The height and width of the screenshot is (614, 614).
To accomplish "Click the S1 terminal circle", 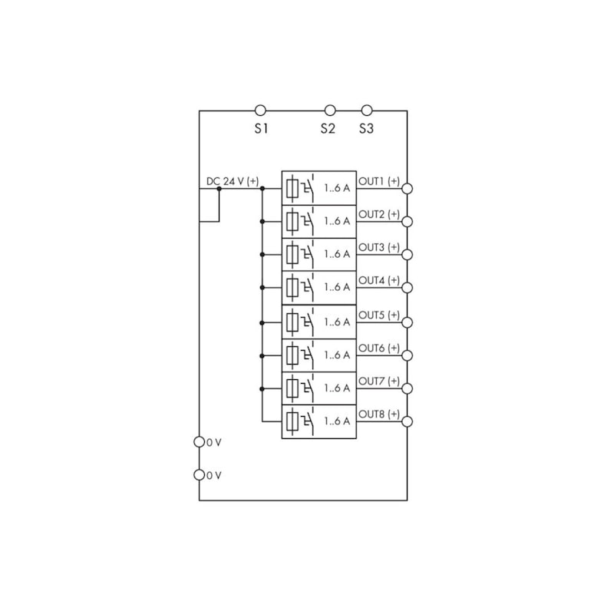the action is (x=260, y=111).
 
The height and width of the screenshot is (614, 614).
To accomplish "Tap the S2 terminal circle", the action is (x=330, y=111).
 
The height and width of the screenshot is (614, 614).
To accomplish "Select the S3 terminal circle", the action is (x=367, y=111).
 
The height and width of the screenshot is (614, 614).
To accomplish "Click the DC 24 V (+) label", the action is (x=233, y=181).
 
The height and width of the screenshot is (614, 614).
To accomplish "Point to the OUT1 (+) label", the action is (x=379, y=181).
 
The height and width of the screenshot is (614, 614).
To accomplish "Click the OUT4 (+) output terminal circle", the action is (x=408, y=288).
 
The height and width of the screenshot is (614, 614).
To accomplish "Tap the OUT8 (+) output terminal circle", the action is (x=408, y=421).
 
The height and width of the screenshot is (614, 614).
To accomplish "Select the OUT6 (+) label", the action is (x=379, y=348).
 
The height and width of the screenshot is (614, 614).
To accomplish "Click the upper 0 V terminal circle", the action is (x=200, y=442).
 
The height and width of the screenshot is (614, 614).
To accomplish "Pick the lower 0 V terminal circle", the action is (x=200, y=475).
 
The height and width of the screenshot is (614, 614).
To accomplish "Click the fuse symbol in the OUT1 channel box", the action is (x=292, y=189).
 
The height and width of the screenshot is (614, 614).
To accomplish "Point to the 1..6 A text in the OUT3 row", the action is (x=337, y=254).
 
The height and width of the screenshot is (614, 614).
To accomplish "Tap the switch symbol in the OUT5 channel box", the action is (x=308, y=322).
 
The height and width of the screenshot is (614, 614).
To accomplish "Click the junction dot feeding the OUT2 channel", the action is (x=262, y=222).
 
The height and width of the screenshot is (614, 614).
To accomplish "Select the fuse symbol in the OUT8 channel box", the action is (x=292, y=421).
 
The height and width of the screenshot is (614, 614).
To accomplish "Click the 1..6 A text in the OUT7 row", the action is (x=337, y=388).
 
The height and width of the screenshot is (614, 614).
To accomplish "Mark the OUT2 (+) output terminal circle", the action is (x=408, y=222).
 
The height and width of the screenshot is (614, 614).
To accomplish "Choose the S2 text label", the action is (x=328, y=128).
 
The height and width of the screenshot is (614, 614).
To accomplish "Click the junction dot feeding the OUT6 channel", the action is (x=262, y=356).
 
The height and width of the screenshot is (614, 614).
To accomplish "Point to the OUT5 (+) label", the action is (x=379, y=315).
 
